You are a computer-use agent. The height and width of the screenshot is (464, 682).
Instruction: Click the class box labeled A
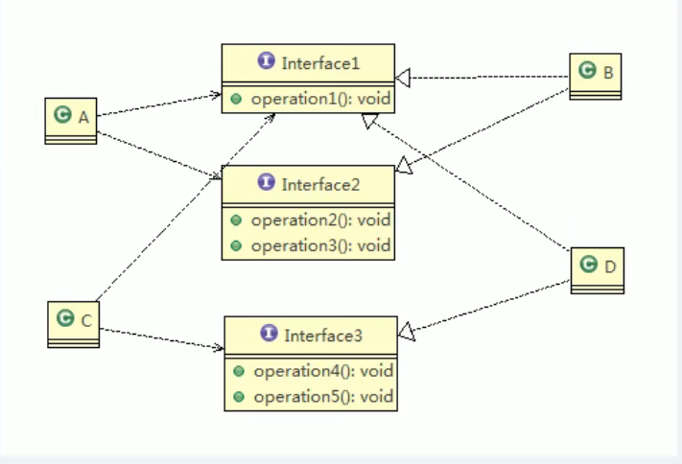71,120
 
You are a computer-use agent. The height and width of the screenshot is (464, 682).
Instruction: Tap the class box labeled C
73,323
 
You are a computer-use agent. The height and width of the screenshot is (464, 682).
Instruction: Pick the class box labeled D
597,269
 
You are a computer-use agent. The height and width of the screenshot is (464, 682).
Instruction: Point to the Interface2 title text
320,183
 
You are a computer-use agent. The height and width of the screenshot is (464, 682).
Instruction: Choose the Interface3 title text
323,335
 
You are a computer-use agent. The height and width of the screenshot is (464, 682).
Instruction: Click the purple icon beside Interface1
267,62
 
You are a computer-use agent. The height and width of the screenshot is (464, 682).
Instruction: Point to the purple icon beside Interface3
270,335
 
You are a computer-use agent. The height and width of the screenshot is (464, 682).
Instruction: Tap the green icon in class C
65,319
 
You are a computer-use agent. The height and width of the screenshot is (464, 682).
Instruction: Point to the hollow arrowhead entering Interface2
404,168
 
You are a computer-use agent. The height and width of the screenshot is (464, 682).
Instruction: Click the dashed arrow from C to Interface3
163,338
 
